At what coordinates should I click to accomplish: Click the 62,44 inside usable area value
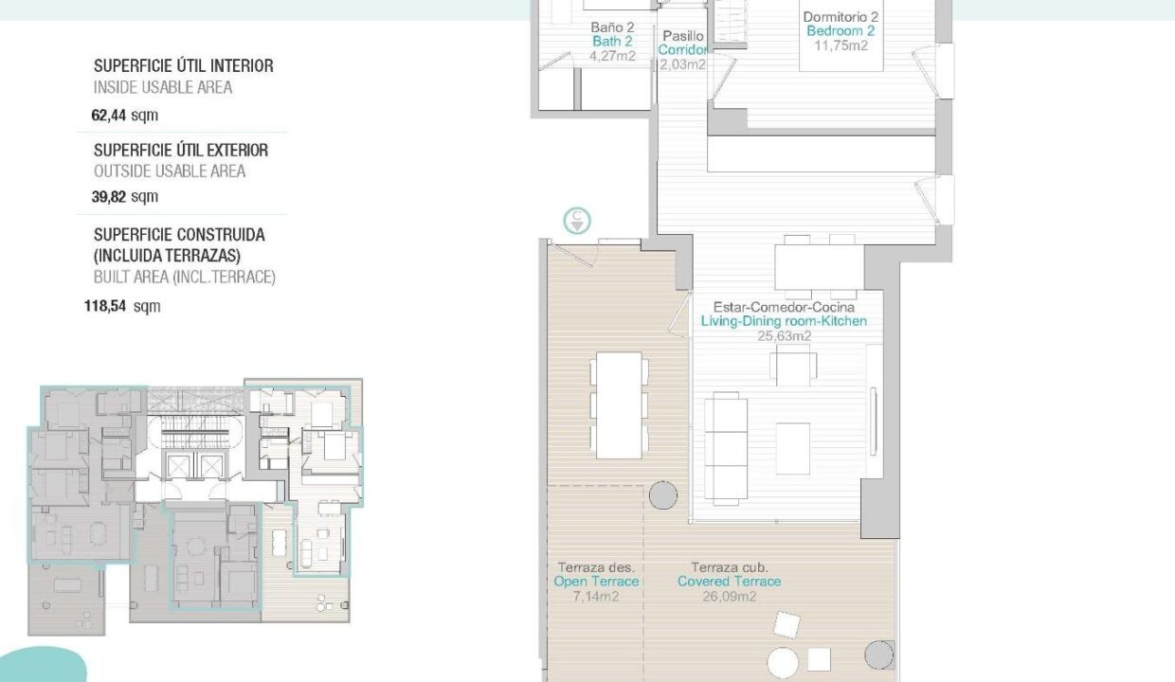109,115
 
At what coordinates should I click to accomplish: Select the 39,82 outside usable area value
109,197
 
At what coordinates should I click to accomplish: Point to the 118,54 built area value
105,306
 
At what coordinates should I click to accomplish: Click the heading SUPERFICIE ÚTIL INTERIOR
184,66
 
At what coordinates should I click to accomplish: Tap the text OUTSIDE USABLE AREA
170,171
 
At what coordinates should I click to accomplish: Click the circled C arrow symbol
577,221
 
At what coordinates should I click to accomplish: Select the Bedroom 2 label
841,31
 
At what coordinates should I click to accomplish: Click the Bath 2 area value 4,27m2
612,56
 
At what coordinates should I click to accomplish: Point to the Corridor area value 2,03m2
682,64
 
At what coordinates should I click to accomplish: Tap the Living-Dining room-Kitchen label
784,321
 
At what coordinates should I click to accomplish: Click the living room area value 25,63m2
785,335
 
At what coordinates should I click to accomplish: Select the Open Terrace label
596,582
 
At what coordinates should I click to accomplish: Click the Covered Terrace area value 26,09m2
729,596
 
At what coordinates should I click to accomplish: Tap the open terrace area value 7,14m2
596,596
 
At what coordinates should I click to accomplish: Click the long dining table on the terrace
619,405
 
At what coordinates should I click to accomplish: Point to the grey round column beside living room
663,495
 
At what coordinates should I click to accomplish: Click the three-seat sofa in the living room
726,448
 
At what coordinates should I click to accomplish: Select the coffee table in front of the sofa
792,448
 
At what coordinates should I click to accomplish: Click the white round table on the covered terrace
783,663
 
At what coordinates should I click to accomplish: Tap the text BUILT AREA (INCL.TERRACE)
184,277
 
